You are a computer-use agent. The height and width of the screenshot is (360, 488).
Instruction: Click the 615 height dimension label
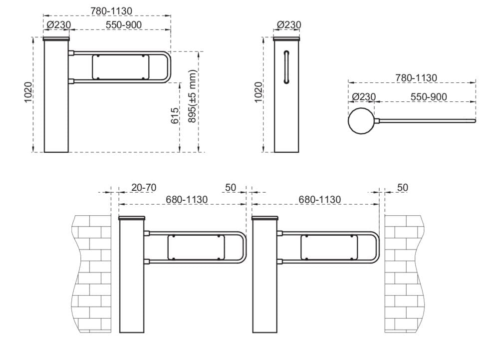point(175,117)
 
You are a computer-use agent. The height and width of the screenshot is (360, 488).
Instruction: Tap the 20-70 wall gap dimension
point(144,188)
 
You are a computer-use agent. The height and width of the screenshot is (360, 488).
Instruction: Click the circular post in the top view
point(360,120)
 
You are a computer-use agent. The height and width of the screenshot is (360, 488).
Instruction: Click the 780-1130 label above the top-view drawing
point(416,78)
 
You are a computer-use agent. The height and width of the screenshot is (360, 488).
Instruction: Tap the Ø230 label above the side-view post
point(289,24)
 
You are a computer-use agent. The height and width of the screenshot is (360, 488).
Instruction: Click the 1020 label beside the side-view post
point(258,92)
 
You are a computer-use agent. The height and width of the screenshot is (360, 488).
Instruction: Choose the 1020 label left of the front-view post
point(28,92)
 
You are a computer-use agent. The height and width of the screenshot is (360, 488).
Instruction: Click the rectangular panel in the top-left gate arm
point(120,67)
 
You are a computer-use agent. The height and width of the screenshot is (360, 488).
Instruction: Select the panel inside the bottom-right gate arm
point(329,247)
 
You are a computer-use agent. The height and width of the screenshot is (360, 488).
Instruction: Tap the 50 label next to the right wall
point(403,188)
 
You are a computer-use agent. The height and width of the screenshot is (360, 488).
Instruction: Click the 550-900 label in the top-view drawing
point(429,97)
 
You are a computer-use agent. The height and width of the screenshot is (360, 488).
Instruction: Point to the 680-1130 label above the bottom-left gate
point(187,200)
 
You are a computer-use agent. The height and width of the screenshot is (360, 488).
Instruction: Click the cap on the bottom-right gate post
point(265,218)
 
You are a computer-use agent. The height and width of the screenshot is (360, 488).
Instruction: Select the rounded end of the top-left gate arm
point(170,67)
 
